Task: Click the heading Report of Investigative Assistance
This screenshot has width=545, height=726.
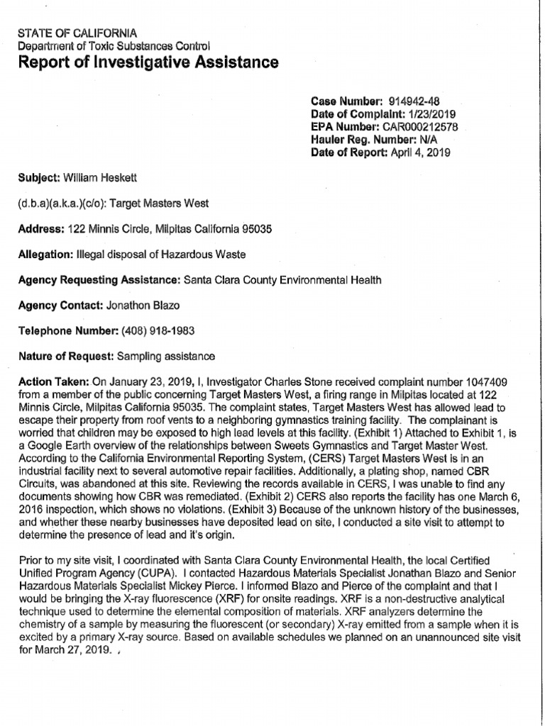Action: click(x=148, y=63)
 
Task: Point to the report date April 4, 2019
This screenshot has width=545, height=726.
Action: click(x=419, y=152)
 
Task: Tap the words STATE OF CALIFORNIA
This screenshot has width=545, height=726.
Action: click(x=77, y=33)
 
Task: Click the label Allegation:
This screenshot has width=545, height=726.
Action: click(x=42, y=254)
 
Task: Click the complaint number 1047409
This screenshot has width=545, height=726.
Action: click(x=483, y=381)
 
